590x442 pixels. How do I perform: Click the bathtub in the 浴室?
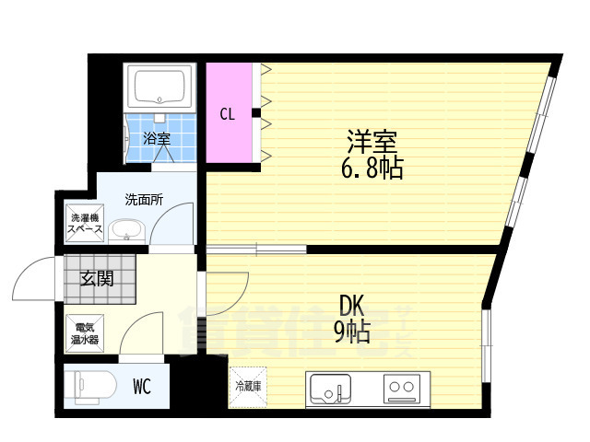[161, 87]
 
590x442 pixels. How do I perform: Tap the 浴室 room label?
[157, 139]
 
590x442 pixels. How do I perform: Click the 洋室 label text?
[372, 144]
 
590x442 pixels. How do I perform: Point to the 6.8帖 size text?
[372, 169]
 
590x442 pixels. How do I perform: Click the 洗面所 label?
[145, 199]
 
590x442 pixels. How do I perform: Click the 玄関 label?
[96, 278]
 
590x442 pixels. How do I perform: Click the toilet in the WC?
[88, 386]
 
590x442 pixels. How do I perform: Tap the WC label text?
[142, 387]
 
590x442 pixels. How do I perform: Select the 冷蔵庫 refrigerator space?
[247, 387]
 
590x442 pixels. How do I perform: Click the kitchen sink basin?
[331, 390]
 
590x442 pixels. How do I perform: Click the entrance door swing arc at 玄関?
[35, 276]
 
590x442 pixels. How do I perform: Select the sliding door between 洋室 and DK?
[268, 249]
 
